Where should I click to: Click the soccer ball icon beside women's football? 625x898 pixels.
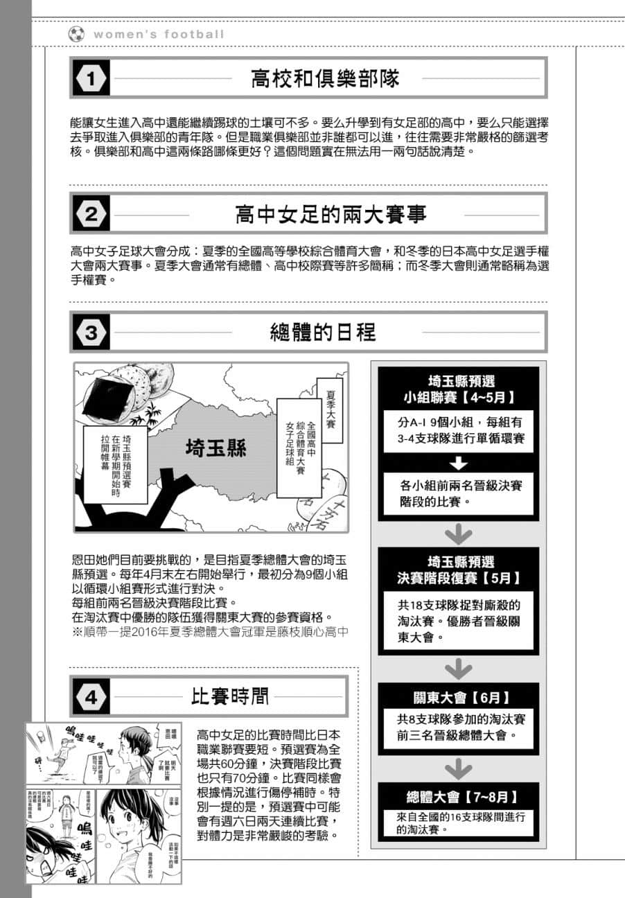[76, 34]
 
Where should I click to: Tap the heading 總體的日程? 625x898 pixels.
[323, 333]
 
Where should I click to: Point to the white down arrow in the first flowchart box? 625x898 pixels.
[459, 464]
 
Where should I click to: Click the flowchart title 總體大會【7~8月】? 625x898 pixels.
[458, 796]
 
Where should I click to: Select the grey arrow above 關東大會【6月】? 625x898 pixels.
[458, 668]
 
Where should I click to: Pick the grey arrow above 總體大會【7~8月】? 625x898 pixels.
[458, 768]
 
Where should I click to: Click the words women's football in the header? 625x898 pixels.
[159, 34]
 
